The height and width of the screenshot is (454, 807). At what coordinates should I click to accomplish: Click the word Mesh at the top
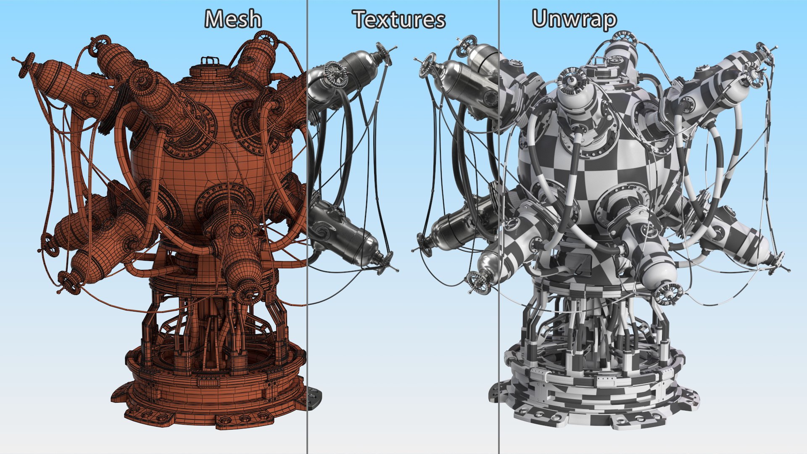(x=233, y=19)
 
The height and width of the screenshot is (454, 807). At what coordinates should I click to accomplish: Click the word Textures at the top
(x=399, y=20)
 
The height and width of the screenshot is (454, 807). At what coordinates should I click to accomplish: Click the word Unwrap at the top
(x=574, y=19)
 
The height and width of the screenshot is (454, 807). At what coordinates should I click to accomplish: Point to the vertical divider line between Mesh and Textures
(x=307, y=227)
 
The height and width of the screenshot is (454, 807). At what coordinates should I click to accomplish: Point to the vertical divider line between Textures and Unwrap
(x=499, y=227)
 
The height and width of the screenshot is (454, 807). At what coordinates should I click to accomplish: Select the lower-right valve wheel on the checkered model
(x=667, y=293)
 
